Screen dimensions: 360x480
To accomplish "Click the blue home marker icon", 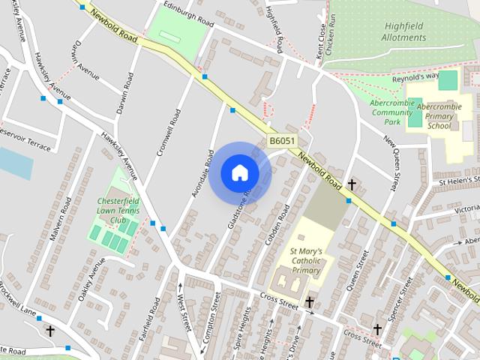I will [239, 173].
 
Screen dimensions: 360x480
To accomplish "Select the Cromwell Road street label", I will [169, 133].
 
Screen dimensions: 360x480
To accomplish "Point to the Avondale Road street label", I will [202, 173].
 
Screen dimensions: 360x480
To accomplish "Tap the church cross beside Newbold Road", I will [350, 184].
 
